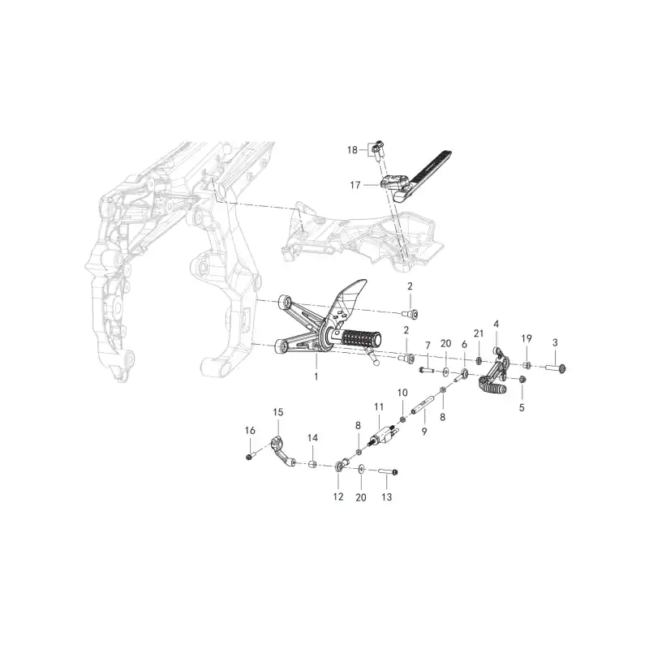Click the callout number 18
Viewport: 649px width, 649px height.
(352, 150)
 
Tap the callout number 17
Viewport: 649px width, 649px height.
(355, 185)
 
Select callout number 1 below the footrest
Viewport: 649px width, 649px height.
(316, 377)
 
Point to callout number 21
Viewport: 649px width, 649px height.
(479, 333)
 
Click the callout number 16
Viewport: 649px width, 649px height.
(250, 431)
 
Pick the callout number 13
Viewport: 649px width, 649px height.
(387, 496)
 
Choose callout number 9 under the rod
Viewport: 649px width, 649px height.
(424, 432)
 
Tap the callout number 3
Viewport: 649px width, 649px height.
(555, 342)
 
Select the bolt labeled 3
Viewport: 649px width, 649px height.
(555, 367)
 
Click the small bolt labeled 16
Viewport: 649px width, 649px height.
(250, 457)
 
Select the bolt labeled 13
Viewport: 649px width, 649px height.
(388, 471)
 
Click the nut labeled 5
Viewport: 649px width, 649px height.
(522, 379)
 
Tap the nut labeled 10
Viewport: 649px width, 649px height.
(402, 420)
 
